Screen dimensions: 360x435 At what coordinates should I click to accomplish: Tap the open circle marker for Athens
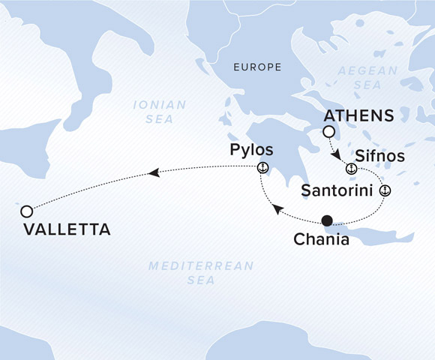[x=328, y=132]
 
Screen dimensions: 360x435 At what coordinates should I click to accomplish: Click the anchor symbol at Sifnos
[x=350, y=166]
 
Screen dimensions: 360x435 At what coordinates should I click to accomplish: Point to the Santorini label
[x=338, y=190]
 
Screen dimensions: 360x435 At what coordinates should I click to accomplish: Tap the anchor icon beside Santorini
[x=384, y=190]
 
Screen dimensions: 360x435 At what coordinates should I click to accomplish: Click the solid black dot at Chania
[x=326, y=220]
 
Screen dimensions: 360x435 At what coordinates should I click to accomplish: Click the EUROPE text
[x=257, y=67]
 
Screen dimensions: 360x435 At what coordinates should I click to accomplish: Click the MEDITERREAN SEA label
[x=201, y=273]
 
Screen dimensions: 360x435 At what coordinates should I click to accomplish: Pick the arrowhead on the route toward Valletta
[x=154, y=173]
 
